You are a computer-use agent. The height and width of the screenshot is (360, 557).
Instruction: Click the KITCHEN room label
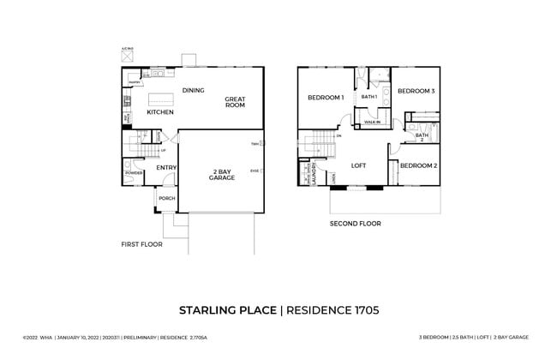tap(160, 112)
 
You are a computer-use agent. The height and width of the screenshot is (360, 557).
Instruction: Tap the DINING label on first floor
tap(193, 90)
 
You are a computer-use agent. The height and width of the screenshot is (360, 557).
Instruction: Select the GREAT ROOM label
tap(236, 102)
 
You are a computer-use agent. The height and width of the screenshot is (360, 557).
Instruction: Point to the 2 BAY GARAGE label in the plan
tap(221, 176)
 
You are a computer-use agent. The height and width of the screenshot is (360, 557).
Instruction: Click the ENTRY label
tap(166, 167)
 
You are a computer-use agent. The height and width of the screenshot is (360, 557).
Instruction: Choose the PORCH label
tap(166, 198)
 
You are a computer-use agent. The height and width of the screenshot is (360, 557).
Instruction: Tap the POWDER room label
tap(134, 173)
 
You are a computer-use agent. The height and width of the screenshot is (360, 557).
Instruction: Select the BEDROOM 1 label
tap(326, 98)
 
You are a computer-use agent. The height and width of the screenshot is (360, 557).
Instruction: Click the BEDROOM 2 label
tap(419, 165)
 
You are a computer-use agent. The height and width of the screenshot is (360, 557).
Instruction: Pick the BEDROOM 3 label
tap(416, 91)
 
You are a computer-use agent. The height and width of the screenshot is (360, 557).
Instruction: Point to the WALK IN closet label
tap(372, 123)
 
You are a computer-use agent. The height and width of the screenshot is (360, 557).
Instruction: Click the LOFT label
tap(359, 165)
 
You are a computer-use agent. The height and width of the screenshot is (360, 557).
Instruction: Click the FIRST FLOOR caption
tap(141, 244)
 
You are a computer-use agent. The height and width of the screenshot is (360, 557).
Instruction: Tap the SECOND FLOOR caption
tap(356, 224)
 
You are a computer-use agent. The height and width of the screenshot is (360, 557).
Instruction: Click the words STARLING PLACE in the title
tap(228, 309)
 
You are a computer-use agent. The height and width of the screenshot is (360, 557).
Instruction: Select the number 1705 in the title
tap(361, 309)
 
